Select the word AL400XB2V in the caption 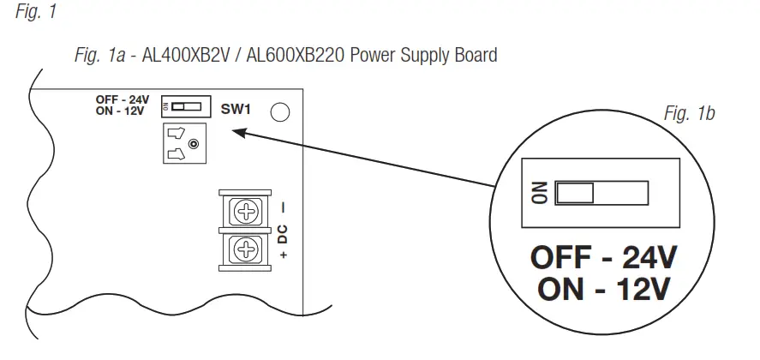[194, 57]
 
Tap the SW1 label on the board [236, 109]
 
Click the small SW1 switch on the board [186, 107]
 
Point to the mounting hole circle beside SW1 [279, 111]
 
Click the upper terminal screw [247, 211]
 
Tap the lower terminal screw [247, 249]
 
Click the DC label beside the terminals [283, 231]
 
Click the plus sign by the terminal [283, 255]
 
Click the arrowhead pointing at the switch [240, 132]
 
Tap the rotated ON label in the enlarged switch [540, 193]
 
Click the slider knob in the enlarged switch [576, 193]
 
